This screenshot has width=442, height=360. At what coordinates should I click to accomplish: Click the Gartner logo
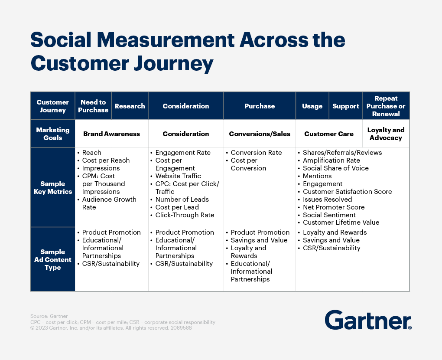tap(368, 320)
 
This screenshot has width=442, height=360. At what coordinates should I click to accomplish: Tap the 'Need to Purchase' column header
tap(93, 106)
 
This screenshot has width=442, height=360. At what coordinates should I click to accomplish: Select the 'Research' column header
tap(130, 106)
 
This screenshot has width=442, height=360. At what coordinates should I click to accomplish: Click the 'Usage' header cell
tap(312, 106)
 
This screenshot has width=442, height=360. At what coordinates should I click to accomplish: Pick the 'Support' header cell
tap(346, 106)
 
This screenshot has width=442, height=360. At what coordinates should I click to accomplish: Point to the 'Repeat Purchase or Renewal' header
tap(386, 106)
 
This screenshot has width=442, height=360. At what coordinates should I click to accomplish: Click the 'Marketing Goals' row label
tap(53, 134)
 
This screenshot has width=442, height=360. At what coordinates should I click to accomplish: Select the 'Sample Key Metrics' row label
tap(53, 188)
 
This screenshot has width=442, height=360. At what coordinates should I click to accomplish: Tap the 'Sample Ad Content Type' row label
tap(53, 259)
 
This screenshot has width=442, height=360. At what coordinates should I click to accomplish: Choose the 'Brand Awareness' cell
tap(111, 134)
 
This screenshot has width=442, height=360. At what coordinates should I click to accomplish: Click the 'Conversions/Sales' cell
tap(260, 134)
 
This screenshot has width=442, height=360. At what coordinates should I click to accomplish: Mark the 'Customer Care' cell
tap(329, 134)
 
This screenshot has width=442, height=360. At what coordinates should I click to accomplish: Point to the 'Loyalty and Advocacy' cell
tap(386, 134)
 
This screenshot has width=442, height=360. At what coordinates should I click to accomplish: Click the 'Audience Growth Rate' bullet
tap(107, 203)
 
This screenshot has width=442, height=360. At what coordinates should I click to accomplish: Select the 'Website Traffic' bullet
tap(175, 176)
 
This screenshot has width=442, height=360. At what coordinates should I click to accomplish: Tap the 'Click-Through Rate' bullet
tap(182, 215)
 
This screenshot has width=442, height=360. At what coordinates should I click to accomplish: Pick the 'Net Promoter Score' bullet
tap(331, 207)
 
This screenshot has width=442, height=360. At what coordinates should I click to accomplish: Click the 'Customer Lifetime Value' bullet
tap(339, 223)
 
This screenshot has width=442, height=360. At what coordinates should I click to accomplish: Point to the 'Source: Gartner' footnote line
tap(49, 316)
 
